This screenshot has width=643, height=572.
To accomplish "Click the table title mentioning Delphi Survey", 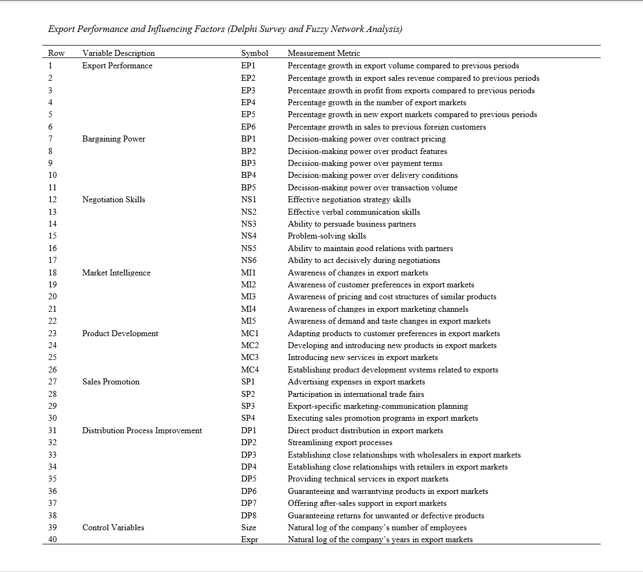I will pyautogui.click(x=225, y=29).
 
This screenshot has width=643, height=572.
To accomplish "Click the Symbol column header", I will pyautogui.click(x=254, y=53).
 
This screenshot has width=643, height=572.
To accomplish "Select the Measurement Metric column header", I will pyautogui.click(x=324, y=53).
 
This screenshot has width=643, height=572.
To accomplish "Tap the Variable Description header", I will pyautogui.click(x=118, y=53).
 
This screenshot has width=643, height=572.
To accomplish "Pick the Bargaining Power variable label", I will pyautogui.click(x=113, y=139).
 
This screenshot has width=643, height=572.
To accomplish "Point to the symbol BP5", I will pyautogui.click(x=248, y=188).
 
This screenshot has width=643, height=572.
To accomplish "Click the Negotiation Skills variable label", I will pyautogui.click(x=113, y=200).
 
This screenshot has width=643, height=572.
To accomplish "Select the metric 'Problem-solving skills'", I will pyautogui.click(x=326, y=236).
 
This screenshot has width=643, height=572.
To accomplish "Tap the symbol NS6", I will pyautogui.click(x=248, y=260).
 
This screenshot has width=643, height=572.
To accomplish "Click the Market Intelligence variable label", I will pyautogui.click(x=116, y=273).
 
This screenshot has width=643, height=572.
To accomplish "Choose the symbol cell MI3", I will pyautogui.click(x=248, y=297).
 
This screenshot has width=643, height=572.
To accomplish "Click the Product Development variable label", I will pyautogui.click(x=120, y=333).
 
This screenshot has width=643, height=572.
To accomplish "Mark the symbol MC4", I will pyautogui.click(x=249, y=370).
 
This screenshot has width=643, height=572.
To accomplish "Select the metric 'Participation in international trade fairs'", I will pyautogui.click(x=356, y=394).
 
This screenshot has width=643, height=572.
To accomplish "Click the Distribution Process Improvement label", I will pyautogui.click(x=142, y=430).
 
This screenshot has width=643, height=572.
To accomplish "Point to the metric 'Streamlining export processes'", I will pyautogui.click(x=339, y=442).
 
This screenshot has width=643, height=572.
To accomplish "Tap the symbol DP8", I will pyautogui.click(x=248, y=516).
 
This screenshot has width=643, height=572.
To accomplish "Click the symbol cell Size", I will pyautogui.click(x=248, y=528).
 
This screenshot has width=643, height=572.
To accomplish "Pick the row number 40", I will pyautogui.click(x=52, y=539).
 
